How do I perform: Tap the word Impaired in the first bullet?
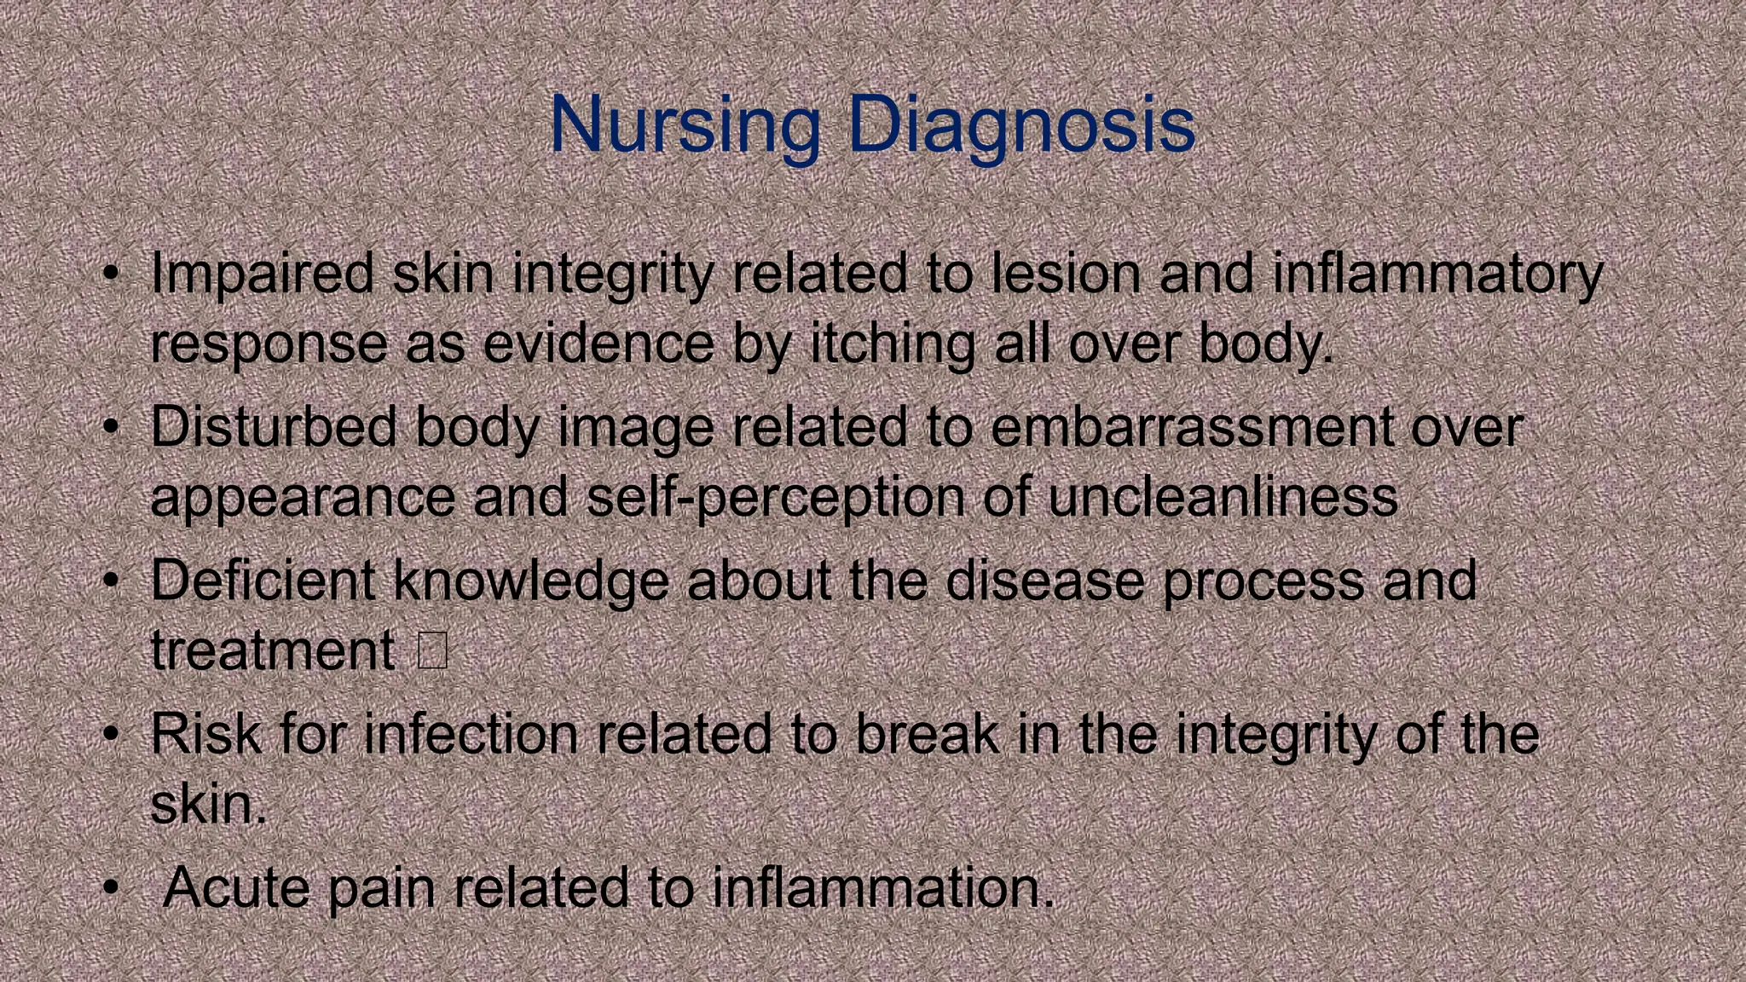(x=262, y=274)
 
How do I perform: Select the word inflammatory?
(x=1437, y=274)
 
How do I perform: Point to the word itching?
(x=892, y=344)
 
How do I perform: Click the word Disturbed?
(x=273, y=426)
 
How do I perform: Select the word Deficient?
(x=263, y=581)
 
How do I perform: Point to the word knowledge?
(x=530, y=581)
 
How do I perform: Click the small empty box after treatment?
(x=433, y=650)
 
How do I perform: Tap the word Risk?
(x=205, y=734)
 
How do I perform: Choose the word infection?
(x=471, y=734)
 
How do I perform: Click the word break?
(x=927, y=734)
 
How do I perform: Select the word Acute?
(x=236, y=887)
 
